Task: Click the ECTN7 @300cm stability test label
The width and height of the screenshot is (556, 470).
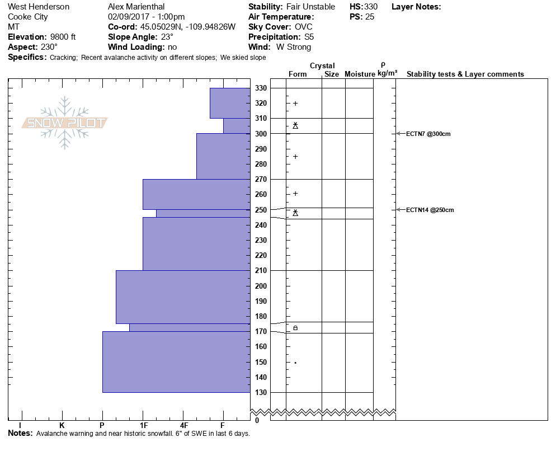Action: pos(428,134)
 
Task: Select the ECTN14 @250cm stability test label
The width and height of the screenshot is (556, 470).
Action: pos(430,210)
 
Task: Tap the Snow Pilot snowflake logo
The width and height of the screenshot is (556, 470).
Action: pos(65,123)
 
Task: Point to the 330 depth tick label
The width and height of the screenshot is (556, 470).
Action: pos(261,88)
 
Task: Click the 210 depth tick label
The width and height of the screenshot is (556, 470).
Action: pos(261,271)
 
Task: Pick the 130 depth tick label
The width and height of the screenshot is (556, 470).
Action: pos(261,392)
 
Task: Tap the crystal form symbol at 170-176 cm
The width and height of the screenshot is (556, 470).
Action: pos(295,327)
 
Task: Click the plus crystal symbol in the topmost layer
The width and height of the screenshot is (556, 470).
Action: pos(295,103)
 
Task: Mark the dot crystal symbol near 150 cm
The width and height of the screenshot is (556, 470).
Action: pos(295,363)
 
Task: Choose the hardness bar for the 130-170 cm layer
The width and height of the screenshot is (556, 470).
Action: pos(176,362)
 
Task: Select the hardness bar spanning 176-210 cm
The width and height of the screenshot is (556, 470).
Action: pos(183,297)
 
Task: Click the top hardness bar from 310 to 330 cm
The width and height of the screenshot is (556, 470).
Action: pos(230,103)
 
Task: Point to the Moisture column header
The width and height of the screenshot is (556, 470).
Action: pos(360,74)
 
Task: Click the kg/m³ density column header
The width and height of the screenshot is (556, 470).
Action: pos(387,74)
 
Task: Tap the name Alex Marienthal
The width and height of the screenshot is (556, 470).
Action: pos(136,7)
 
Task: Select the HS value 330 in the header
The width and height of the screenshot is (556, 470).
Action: pos(371,7)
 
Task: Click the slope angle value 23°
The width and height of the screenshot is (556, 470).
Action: pos(163,37)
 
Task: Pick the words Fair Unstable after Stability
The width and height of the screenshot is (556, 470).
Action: pos(310,7)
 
